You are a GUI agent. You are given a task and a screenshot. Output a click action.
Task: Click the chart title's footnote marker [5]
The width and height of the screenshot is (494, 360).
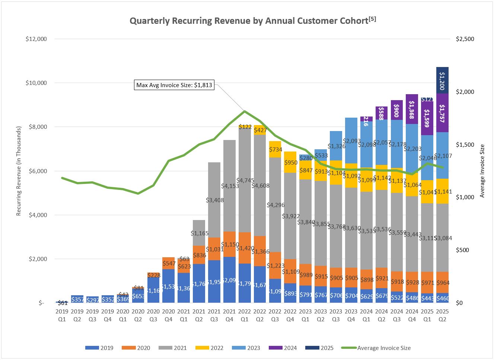click(372, 19)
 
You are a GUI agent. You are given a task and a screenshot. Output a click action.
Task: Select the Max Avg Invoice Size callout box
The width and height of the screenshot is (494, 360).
click(174, 85)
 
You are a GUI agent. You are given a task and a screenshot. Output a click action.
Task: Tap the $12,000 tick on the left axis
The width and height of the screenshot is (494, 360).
click(36, 39)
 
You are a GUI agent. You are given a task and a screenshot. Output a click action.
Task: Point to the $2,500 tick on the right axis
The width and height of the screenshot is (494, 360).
click(465, 39)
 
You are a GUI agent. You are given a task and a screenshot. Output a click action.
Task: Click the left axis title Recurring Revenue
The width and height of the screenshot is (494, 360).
click(19, 171)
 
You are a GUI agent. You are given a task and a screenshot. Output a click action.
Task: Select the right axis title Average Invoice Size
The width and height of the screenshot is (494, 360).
click(482, 171)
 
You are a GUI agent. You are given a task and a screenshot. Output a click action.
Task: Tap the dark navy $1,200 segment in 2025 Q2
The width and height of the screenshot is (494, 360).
click(442, 80)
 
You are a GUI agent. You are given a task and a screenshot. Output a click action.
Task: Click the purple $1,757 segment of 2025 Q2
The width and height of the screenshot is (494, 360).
click(442, 113)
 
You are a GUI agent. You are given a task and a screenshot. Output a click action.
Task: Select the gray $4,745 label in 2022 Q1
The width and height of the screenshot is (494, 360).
click(245, 181)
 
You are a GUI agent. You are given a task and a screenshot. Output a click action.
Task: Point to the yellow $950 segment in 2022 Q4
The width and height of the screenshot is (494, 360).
click(290, 162)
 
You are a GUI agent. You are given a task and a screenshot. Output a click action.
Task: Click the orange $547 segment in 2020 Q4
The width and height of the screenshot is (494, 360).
click(168, 263)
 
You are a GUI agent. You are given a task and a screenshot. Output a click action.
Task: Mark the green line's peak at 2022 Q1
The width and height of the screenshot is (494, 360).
click(245, 111)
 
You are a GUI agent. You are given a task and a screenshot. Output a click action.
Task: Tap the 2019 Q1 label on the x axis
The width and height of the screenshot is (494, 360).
click(62, 315)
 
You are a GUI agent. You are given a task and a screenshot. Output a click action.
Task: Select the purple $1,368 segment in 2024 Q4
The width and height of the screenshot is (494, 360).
click(412, 109)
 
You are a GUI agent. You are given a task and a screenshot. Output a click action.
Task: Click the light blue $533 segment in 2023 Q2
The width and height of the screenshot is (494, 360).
click(321, 155)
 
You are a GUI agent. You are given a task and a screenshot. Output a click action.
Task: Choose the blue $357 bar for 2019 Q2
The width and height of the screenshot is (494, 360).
click(77, 299)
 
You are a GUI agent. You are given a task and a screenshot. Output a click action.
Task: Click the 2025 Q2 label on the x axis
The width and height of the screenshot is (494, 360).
click(442, 315)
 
